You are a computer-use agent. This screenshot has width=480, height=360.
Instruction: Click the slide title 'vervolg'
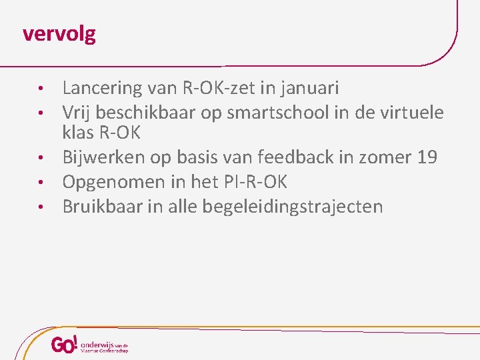click(59, 33)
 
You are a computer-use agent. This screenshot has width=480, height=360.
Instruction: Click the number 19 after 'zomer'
click(427, 157)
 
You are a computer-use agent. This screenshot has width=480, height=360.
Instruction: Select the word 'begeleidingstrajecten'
click(278, 207)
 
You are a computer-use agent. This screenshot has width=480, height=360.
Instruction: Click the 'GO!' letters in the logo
click(65, 345)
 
